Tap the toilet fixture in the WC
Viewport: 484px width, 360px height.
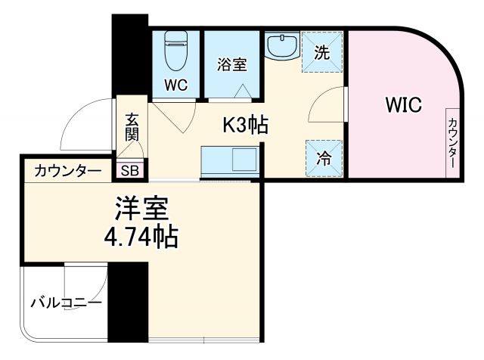click(177, 48)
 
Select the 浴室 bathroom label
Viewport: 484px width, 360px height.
click(232, 65)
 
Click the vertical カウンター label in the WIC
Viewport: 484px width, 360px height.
click(451, 144)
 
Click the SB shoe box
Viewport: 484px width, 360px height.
click(130, 170)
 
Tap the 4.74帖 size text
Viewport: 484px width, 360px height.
click(141, 237)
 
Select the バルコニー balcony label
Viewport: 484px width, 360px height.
click(67, 303)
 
